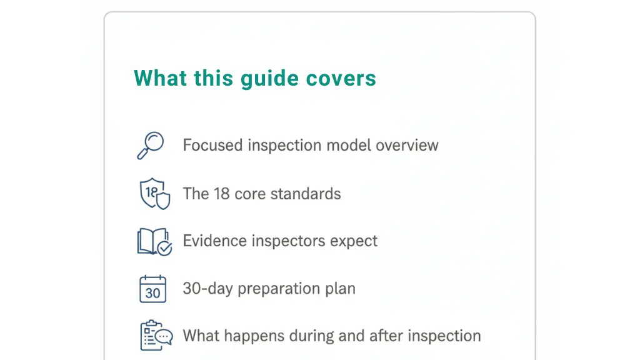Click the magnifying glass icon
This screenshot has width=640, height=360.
[150, 145]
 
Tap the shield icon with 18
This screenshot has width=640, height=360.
[154, 193]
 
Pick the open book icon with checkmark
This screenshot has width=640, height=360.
[154, 241]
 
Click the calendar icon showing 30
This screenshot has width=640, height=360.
[152, 289]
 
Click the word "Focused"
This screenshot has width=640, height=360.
[212, 146]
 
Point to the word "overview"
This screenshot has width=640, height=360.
[407, 146]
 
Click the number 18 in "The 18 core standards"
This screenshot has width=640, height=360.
[222, 194]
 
